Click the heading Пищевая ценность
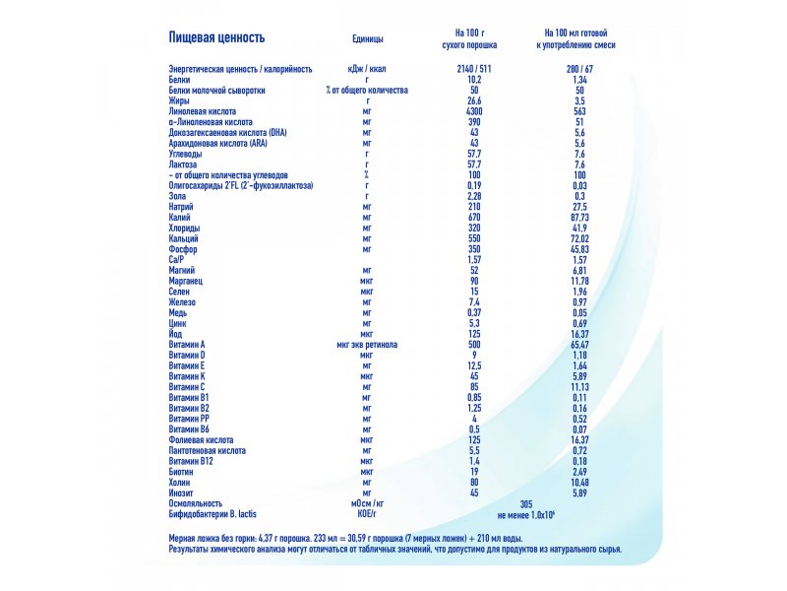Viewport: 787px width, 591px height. coord(216,37)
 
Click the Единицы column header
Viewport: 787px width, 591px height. coord(367,38)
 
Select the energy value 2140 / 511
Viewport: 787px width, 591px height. coord(474,69)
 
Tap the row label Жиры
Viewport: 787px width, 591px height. coord(179,100)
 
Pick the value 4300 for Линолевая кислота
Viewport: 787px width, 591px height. coord(474,111)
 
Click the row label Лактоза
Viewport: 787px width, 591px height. coord(183,164)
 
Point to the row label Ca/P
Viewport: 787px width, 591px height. coord(176,260)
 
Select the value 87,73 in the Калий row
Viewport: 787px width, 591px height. coord(579,217)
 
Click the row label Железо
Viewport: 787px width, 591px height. coord(182,302)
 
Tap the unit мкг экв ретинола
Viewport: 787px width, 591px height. coord(367,344)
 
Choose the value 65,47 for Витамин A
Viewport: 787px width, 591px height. coord(579,345)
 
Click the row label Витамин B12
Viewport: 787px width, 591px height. coord(191,461)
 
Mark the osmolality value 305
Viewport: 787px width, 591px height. coord(526,503)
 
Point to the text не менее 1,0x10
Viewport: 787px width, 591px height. coord(526,515)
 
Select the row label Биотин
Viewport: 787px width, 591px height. coord(181,472)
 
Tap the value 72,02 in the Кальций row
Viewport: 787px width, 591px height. coord(579,238)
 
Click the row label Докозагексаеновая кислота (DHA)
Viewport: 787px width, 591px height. coord(228,133)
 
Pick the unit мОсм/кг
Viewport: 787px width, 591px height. coord(367,503)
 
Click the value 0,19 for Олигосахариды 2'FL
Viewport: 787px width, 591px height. coord(474,185)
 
